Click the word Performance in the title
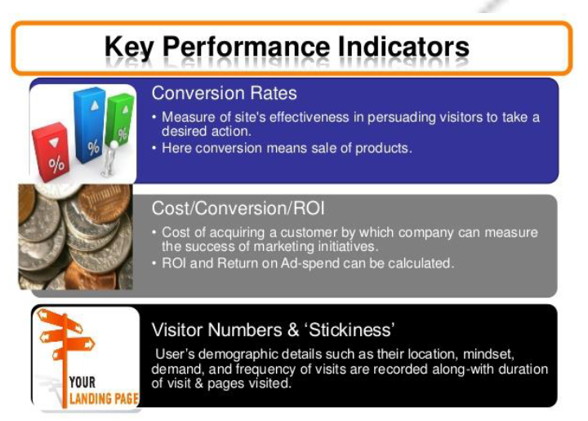pyautogui.click(x=246, y=47)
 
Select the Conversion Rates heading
pyautogui.click(x=225, y=93)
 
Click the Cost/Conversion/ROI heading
pyautogui.click(x=238, y=208)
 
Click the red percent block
pyautogui.click(x=51, y=152)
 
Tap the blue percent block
pyautogui.click(x=89, y=125)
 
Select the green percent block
pyautogui.click(x=120, y=120)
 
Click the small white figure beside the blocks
pyautogui.click(x=109, y=159)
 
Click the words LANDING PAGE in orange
pyautogui.click(x=104, y=398)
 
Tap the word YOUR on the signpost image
pyautogui.click(x=82, y=383)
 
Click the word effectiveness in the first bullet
pyautogui.click(x=310, y=118)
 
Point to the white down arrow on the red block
pyautogui.click(x=54, y=142)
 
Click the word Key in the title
pyautogui.click(x=129, y=48)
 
